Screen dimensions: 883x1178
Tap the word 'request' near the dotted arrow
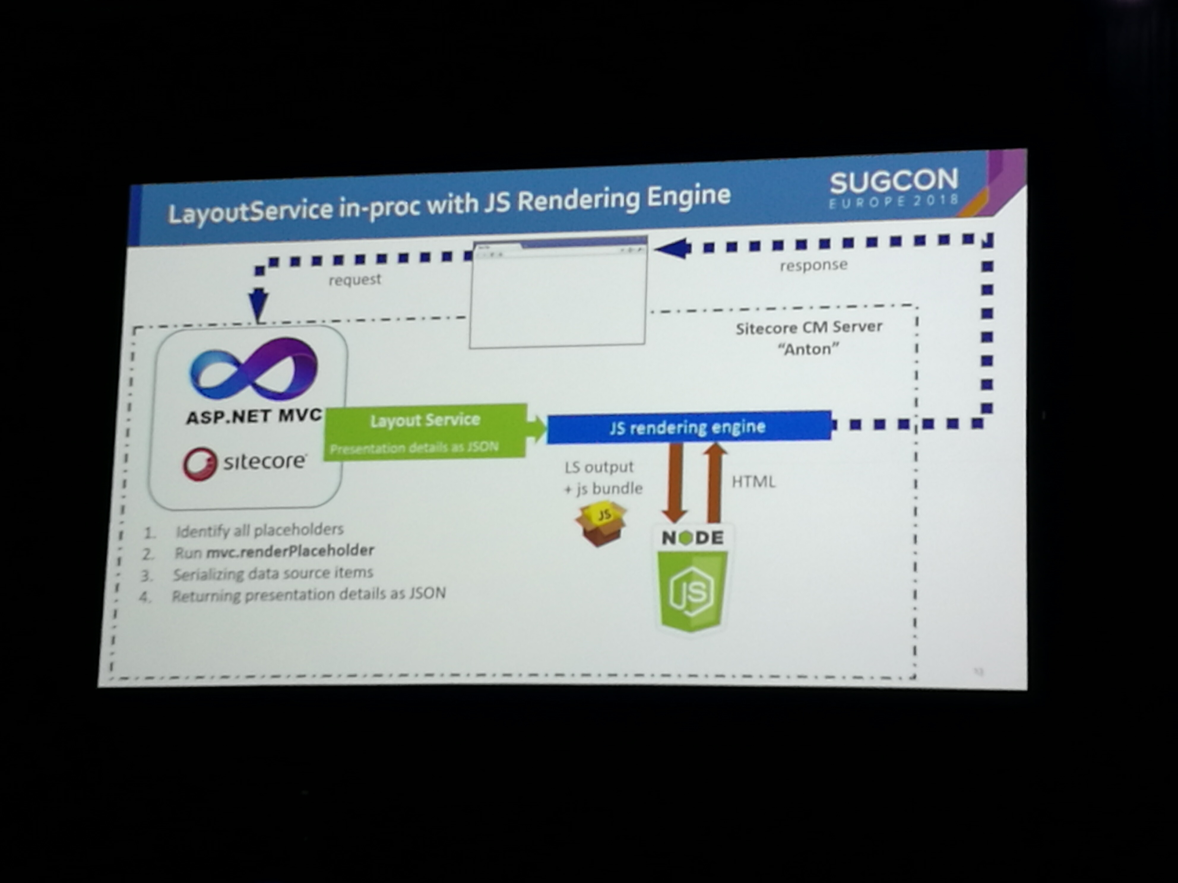[355, 279]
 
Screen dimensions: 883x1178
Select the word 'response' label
[813, 265]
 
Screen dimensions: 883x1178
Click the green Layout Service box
[425, 431]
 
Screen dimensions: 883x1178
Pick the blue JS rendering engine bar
[688, 427]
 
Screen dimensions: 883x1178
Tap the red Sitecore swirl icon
[200, 463]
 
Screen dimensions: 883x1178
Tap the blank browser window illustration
[558, 296]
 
